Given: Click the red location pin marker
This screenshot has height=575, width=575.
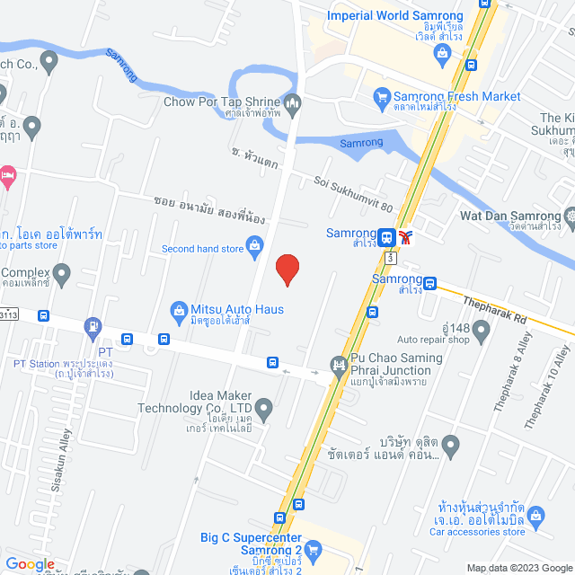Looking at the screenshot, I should pyautogui.click(x=287, y=270).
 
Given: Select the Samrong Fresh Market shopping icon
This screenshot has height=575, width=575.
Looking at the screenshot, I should pyautogui.click(x=381, y=96).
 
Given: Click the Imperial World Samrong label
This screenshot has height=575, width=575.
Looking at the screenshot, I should pyautogui.click(x=395, y=15).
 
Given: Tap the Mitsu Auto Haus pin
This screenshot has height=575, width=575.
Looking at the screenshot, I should pyautogui.click(x=179, y=310).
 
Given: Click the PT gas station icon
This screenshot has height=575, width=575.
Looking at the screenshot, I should pyautogui.click(x=93, y=325).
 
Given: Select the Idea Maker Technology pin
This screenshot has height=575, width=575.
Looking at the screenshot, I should pyautogui.click(x=263, y=411).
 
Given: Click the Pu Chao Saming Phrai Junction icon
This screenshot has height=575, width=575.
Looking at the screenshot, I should pyautogui.click(x=339, y=364).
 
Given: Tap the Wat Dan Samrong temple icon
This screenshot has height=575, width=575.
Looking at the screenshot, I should pyautogui.click(x=570, y=216).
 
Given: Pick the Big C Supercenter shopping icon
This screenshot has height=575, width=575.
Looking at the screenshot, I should pyautogui.click(x=314, y=548).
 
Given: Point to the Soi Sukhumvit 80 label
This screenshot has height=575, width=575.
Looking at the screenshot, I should pyautogui.click(x=353, y=193).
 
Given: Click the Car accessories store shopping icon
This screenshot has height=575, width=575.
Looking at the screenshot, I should pyautogui.click(x=536, y=515).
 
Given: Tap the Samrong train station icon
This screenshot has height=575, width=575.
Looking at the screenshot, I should pyautogui.click(x=386, y=237).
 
